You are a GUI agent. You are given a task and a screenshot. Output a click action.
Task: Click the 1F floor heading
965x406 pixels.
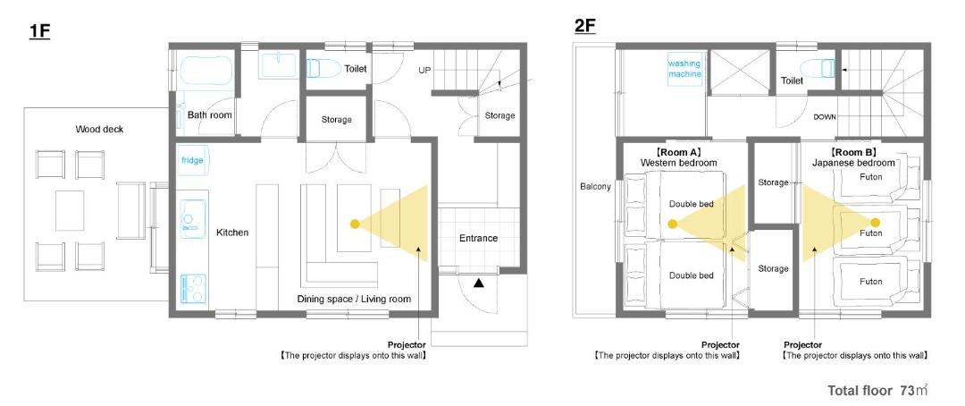click(39, 31)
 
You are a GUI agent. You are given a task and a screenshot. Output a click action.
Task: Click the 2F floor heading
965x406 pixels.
click(584, 26)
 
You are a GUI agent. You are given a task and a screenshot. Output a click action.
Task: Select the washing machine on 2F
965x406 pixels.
click(685, 68)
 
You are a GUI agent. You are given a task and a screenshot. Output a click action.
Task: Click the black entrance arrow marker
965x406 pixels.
click(478, 283)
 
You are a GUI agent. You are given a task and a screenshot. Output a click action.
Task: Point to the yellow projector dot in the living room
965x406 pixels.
click(355, 224)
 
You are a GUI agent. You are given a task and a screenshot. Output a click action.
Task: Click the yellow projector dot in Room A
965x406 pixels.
click(674, 223)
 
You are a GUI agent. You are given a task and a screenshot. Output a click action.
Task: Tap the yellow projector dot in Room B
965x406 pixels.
click(875, 222)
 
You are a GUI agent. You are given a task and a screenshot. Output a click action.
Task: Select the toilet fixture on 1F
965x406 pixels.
click(323, 68)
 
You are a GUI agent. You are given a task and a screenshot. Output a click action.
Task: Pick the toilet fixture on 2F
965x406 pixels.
click(818, 68)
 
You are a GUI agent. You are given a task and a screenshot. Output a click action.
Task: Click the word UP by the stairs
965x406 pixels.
click(424, 71)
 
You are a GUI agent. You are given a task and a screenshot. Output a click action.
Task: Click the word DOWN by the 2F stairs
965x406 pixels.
click(825, 116)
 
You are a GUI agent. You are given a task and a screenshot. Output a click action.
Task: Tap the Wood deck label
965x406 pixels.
click(99, 129)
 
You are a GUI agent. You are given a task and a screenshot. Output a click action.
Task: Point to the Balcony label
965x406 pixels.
click(595, 187)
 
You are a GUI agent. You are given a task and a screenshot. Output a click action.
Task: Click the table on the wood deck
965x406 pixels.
click(70, 210)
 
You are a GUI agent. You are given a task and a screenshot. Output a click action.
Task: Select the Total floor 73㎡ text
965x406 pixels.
click(877, 390)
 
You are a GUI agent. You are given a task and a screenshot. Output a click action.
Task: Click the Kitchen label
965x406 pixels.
click(232, 233)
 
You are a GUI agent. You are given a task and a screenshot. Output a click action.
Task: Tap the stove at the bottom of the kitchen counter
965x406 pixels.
click(193, 288)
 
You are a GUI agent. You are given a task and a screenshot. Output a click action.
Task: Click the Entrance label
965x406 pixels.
click(478, 238)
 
